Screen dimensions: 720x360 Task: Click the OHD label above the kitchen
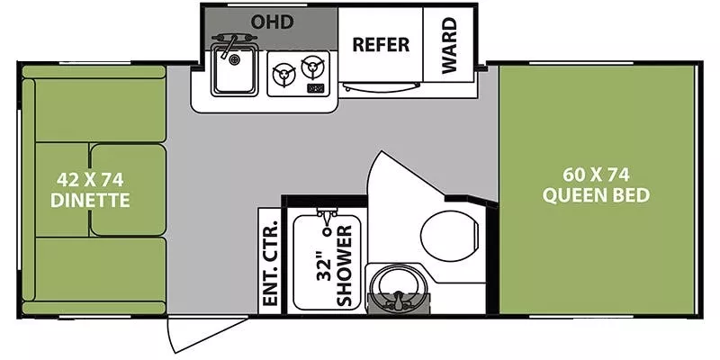(272, 20)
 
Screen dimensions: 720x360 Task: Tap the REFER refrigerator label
(380, 44)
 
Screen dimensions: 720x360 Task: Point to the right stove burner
(312, 66)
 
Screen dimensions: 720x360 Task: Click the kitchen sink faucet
(229, 44)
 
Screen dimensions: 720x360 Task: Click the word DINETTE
(90, 200)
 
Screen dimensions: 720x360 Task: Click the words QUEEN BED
(596, 195)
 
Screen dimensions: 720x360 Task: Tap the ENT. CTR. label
(269, 261)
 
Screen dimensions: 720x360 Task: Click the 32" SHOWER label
(334, 262)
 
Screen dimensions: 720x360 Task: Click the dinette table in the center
(127, 189)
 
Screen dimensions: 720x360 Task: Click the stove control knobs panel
(315, 88)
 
